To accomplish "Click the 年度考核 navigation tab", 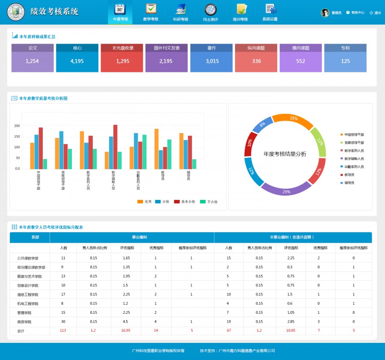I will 120,12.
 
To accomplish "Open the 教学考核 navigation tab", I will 151,12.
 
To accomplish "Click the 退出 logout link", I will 375,13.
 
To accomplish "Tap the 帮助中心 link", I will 355,13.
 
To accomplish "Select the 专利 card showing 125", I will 345,61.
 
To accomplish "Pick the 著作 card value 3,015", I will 212,61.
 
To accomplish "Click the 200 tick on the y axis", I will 17,126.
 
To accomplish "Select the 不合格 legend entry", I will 209,202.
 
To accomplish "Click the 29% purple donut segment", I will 286,189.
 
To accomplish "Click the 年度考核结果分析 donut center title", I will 285,154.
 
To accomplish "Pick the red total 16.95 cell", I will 126,330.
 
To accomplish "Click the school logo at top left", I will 16,13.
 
